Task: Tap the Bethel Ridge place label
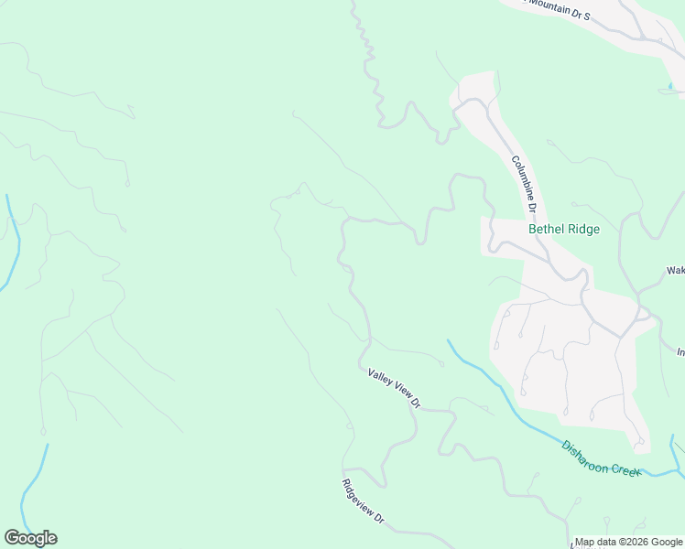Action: point(564,230)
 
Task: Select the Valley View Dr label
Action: point(394,387)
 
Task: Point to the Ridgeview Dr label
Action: point(363,501)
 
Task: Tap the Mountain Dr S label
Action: point(559,8)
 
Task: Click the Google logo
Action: point(31,538)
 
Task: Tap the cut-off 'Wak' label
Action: point(675,271)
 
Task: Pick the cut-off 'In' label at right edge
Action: point(680,351)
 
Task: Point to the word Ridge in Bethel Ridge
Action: point(582,230)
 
